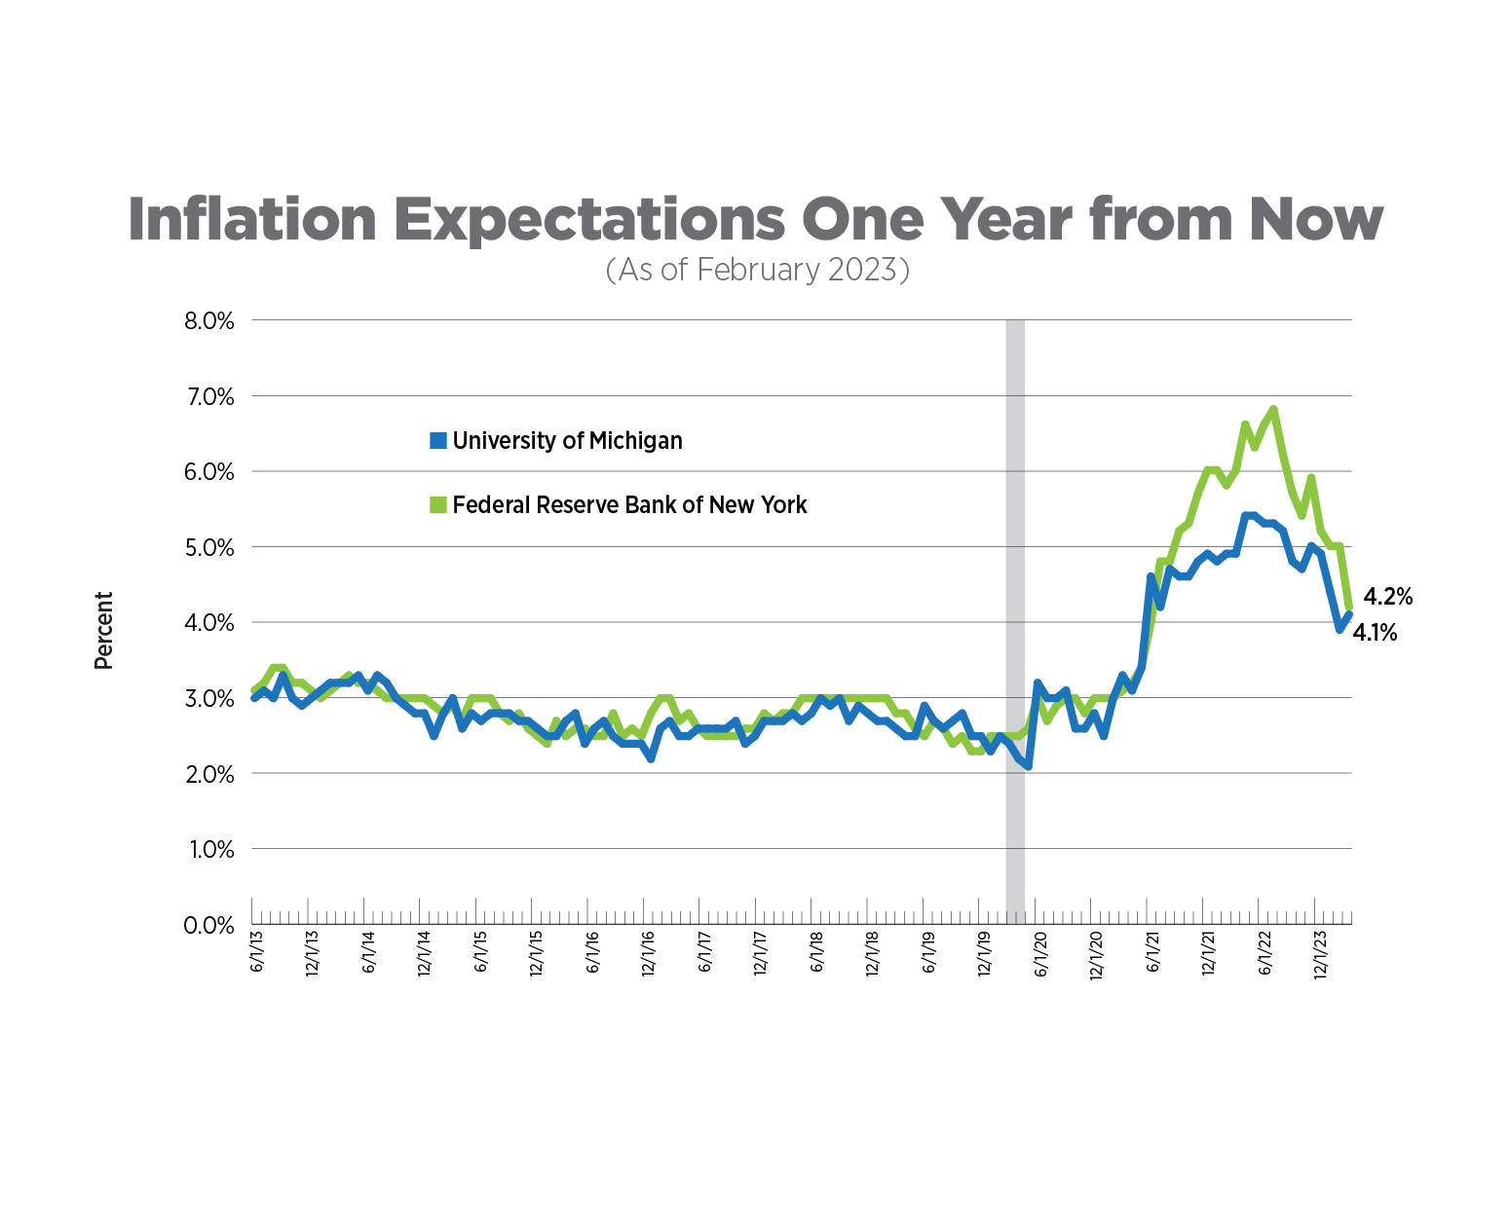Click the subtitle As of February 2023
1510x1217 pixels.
[757, 270]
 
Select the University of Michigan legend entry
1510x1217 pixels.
[567, 441]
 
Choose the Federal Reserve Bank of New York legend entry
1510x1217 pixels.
[629, 505]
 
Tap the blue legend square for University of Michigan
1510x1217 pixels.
[438, 441]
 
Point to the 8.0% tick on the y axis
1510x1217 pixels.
[209, 321]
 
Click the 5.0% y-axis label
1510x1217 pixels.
[209, 548]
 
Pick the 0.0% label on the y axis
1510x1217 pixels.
[209, 925]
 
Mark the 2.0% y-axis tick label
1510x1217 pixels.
[209, 775]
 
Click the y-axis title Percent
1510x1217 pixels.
[103, 630]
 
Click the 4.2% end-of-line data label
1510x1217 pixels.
[1387, 597]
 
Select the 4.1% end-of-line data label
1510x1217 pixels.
[1376, 634]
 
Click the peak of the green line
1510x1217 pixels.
[1273, 410]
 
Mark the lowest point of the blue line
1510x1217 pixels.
[1028, 766]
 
